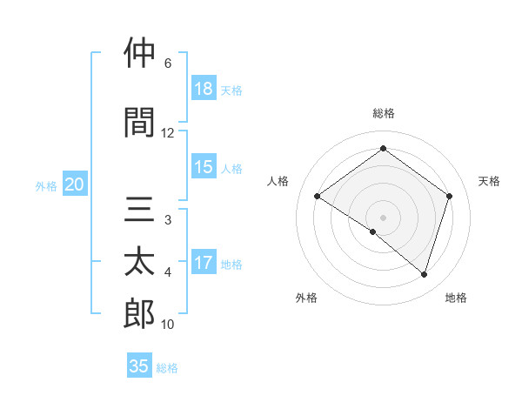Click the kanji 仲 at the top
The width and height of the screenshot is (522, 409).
coord(139,53)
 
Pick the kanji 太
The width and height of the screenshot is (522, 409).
coord(139,262)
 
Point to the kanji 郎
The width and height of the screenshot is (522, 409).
coord(139,313)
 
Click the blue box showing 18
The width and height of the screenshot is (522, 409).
coord(204,89)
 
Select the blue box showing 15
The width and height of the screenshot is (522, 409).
coord(204,167)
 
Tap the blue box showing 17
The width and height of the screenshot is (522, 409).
coord(204,263)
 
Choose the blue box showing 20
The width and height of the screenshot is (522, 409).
coord(75,184)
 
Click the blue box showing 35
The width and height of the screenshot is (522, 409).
coord(139,366)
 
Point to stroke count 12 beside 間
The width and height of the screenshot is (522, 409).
coord(168,132)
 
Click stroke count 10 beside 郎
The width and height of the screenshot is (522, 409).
coord(168,325)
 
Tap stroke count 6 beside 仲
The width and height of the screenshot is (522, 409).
coord(168,64)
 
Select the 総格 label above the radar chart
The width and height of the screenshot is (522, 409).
coord(383,113)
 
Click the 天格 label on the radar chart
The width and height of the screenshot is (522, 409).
coord(489,181)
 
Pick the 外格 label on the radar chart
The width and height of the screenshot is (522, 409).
coord(306,298)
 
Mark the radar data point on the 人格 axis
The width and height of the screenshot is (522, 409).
coord(318,197)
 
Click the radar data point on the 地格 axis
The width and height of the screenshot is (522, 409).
coord(425,274)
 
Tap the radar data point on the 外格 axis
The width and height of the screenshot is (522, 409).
coord(373,231)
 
